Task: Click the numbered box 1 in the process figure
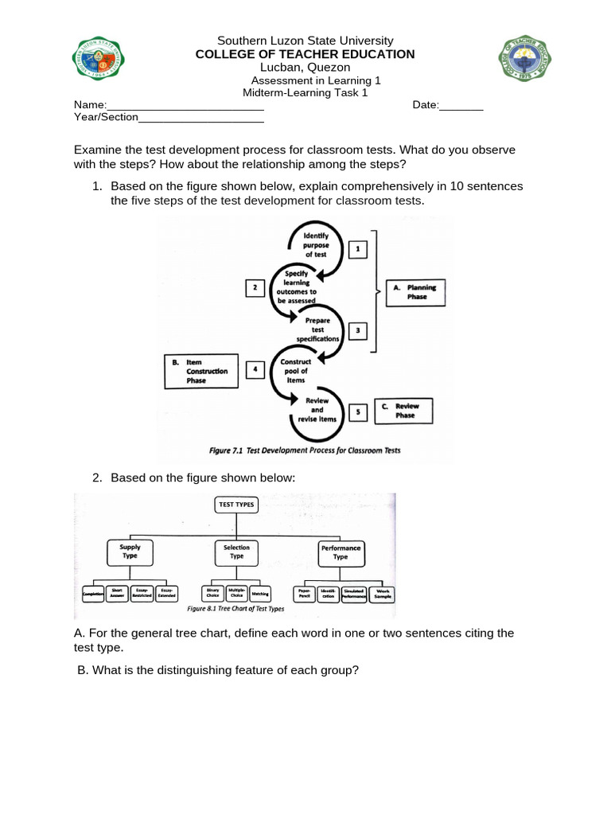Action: coord(357,250)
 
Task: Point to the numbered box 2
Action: coord(255,288)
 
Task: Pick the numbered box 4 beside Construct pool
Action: coord(255,370)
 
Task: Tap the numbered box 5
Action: coord(358,411)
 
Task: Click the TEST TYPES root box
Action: coord(236,505)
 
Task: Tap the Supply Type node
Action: coord(130,552)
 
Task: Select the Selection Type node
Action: coord(236,552)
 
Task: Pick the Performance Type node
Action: coord(341,552)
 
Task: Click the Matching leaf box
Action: coord(260,595)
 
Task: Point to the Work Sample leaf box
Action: coord(383,595)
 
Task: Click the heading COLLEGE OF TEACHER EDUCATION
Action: coord(305,54)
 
